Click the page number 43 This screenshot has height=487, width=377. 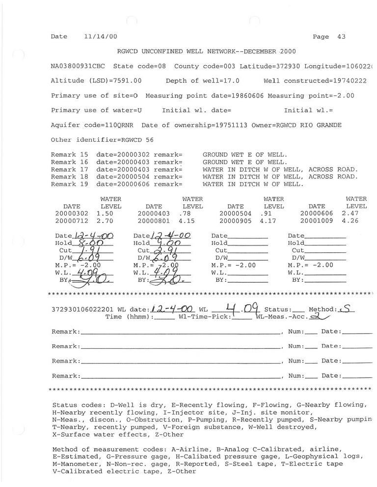(341, 37)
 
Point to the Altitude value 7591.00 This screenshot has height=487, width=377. (127, 81)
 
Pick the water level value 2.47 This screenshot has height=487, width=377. (349, 214)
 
